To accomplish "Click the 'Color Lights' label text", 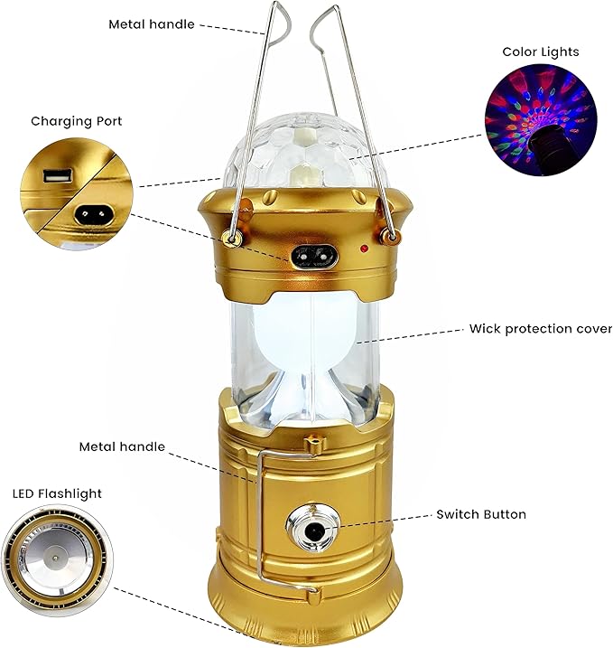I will [x=541, y=52].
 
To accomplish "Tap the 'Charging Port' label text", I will [x=76, y=120].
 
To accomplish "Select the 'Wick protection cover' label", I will [x=540, y=328].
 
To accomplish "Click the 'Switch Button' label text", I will [x=481, y=514].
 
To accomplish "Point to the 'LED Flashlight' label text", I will [x=57, y=493].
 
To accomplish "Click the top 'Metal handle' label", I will [x=152, y=24].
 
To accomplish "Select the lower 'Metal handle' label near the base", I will [x=122, y=446].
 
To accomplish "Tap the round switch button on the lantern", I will [x=313, y=530].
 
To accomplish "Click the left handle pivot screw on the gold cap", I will [x=232, y=238].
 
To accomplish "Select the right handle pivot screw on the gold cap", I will [x=391, y=237].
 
